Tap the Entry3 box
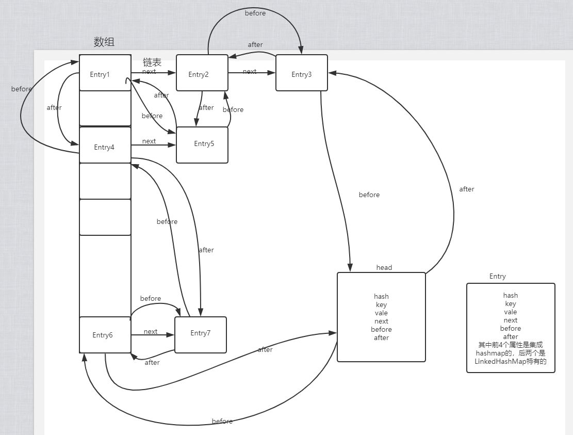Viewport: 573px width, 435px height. (301, 73)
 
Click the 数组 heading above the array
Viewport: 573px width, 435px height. (104, 42)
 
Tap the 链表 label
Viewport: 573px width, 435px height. (152, 62)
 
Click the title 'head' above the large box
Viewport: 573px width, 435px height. (384, 267)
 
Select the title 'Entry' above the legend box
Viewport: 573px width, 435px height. (497, 276)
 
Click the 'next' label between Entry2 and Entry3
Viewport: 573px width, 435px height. (250, 72)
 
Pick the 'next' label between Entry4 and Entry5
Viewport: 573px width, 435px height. (149, 141)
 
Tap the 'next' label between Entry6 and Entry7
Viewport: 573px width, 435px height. (151, 331)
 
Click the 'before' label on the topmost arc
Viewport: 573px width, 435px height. (255, 13)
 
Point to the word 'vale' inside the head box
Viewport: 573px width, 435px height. (381, 313)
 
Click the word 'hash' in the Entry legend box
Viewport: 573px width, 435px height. (510, 295)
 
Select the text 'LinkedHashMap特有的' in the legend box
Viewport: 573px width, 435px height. (510, 361)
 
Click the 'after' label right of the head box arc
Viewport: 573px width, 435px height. (467, 189)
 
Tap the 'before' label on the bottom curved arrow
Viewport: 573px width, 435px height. (222, 421)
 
